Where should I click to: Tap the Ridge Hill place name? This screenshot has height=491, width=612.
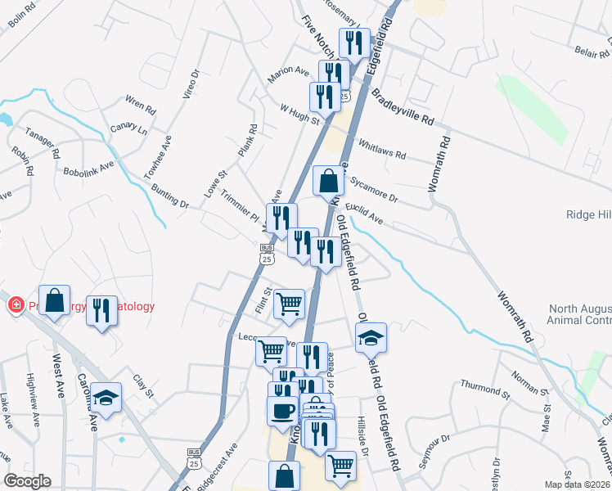click(x=587, y=214)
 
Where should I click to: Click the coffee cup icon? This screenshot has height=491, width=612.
click(x=283, y=412)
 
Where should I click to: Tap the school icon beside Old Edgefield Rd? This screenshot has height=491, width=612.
click(x=371, y=337)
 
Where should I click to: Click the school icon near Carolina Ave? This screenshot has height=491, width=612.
click(x=106, y=398)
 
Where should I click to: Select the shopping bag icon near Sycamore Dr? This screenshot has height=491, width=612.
click(x=328, y=181)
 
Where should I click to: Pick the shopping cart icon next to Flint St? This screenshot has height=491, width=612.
click(x=290, y=304)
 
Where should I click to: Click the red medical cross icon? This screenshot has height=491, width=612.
click(x=15, y=306)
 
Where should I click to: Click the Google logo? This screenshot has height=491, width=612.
click(x=27, y=481)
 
